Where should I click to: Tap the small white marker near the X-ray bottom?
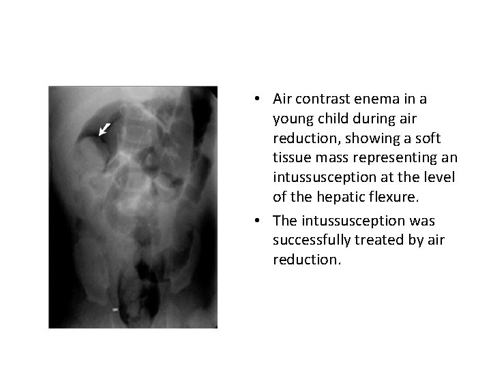coord(115,309)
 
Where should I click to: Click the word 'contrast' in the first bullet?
coord(320,99)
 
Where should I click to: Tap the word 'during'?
coord(372,119)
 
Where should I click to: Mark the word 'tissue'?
coord(292,158)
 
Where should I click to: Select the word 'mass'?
coord(334,158)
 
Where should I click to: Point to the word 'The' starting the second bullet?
coord(284,220)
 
